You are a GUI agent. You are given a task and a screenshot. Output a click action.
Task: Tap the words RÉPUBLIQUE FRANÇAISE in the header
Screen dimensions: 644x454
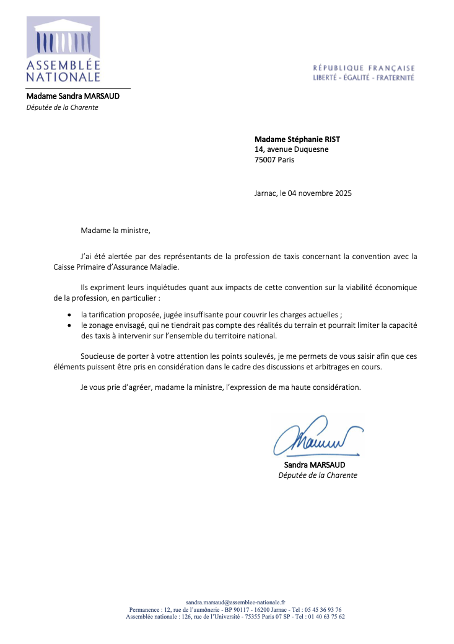click(364, 68)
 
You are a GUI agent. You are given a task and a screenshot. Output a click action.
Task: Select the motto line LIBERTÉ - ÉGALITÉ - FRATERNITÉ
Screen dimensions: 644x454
click(364, 78)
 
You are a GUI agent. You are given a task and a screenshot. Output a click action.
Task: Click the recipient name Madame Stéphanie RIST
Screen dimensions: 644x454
click(297, 139)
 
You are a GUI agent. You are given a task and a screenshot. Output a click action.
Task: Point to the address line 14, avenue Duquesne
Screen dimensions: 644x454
click(292, 149)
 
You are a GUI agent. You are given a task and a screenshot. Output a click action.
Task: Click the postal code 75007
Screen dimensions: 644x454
click(265, 159)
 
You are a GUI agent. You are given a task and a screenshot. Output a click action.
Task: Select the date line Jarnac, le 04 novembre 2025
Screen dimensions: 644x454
click(303, 193)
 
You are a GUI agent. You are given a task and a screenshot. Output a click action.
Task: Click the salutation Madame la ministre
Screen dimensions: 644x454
click(115, 231)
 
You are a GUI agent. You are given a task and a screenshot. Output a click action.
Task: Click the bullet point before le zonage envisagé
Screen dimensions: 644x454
click(69, 325)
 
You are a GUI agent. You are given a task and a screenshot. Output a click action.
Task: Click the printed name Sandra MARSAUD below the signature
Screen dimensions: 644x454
click(315, 465)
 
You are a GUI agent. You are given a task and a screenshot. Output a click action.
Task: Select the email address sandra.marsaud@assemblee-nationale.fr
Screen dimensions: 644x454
click(235, 602)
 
